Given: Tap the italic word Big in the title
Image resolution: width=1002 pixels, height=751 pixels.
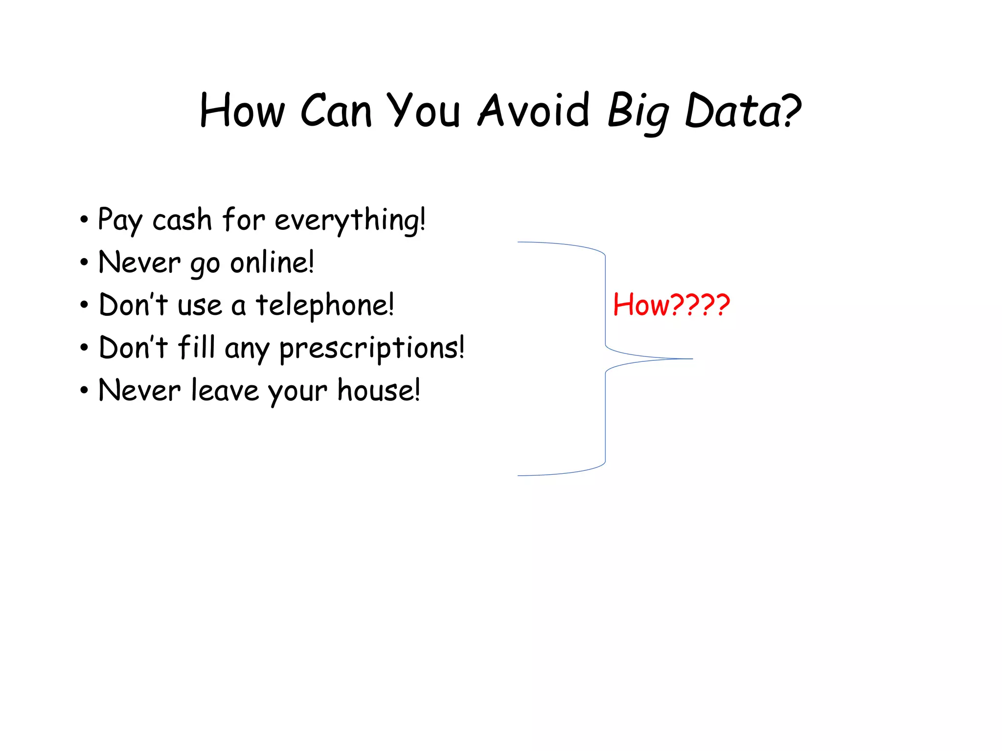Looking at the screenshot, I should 638,112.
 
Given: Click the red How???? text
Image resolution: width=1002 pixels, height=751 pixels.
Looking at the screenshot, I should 671,305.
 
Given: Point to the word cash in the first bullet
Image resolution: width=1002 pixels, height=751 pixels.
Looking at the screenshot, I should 182,220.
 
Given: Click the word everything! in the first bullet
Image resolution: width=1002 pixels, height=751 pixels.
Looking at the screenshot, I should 350,220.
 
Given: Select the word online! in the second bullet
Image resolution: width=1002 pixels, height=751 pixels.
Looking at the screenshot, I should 272,263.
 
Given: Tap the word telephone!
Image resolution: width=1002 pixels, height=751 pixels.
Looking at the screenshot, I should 325,305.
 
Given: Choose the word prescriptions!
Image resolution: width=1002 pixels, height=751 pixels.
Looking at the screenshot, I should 372,349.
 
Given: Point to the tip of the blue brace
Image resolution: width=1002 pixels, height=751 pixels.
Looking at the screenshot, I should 692,359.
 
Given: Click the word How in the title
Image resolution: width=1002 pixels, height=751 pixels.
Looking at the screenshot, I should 242,111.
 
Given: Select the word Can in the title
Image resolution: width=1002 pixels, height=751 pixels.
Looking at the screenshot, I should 336,111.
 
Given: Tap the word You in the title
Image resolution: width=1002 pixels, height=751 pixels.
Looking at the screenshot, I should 424,111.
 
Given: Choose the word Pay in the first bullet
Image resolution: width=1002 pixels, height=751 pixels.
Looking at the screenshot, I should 120,220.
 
